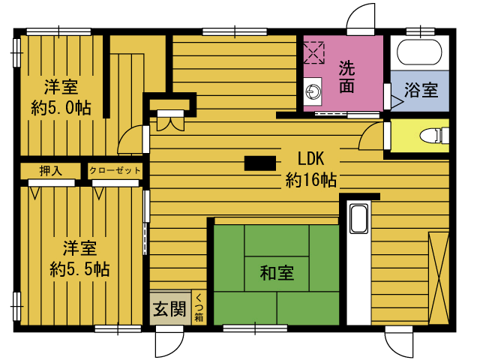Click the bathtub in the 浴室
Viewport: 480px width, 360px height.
(x=419, y=52)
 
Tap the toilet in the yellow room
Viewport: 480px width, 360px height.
(x=434, y=136)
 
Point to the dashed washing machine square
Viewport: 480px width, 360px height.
(x=313, y=52)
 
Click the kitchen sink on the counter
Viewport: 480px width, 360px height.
(x=358, y=219)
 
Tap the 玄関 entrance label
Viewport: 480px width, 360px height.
(x=170, y=308)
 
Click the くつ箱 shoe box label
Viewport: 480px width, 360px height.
(x=199, y=307)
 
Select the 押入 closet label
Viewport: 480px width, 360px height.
(x=50, y=171)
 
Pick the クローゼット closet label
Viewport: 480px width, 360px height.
(x=115, y=170)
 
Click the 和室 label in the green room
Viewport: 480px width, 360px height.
(x=277, y=273)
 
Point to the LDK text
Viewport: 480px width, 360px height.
(x=310, y=158)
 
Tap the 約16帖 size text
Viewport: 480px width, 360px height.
(x=311, y=180)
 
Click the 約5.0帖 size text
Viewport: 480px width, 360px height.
(x=61, y=108)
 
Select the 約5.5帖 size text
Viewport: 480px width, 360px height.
(x=79, y=269)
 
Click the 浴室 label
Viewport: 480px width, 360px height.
(x=421, y=90)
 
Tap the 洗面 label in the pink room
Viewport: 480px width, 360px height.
(x=346, y=76)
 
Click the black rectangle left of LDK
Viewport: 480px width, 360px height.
(x=260, y=163)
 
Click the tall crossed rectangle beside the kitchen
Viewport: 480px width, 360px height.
(x=439, y=278)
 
